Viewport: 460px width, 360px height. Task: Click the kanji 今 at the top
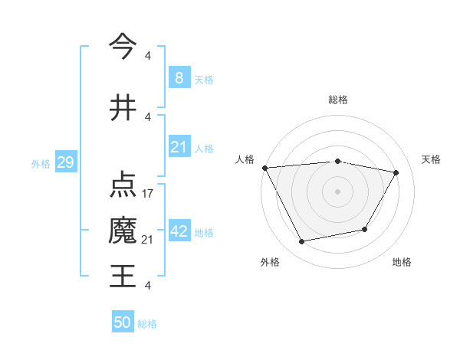[123, 46]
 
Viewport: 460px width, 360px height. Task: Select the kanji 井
[123, 107]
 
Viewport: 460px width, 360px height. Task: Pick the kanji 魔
[123, 231]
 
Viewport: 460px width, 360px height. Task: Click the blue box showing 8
[179, 77]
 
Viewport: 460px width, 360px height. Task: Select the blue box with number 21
[179, 147]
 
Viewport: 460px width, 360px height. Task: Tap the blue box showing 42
[179, 231]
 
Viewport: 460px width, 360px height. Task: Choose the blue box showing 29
[65, 163]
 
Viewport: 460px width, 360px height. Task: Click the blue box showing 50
[123, 322]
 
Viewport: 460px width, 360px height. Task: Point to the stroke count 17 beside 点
[148, 194]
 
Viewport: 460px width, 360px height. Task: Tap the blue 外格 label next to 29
[40, 164]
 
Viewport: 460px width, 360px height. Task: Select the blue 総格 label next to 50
[147, 324]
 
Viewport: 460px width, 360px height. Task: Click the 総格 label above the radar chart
[337, 100]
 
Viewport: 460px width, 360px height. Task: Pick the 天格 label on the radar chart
[431, 159]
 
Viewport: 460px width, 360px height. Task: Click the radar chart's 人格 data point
[264, 168]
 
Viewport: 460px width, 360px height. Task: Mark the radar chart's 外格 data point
[302, 242]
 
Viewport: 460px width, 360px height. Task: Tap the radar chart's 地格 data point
[365, 229]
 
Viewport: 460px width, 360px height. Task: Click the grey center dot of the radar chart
[337, 191]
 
